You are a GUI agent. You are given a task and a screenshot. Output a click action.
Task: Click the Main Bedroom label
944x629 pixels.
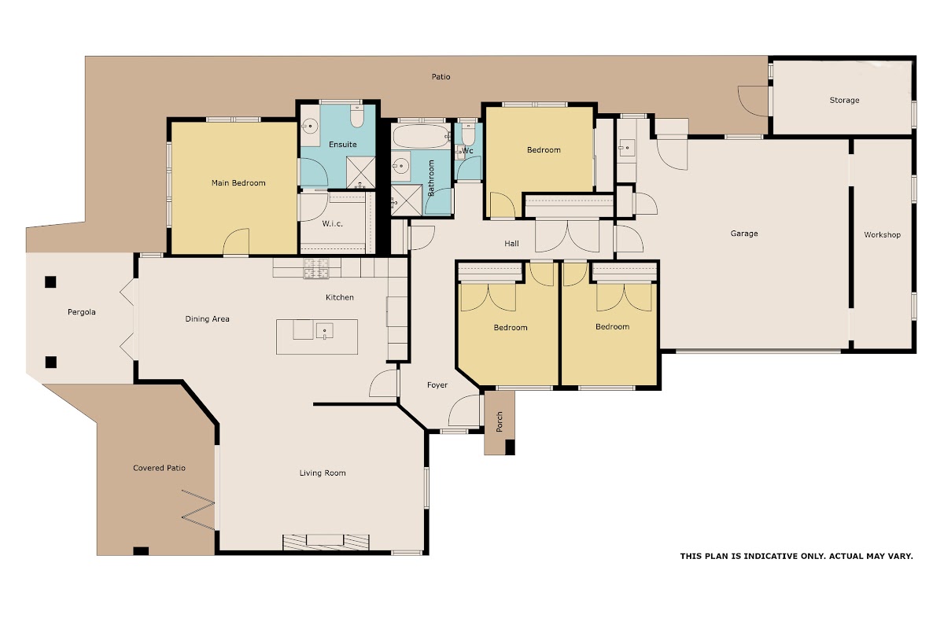(238, 183)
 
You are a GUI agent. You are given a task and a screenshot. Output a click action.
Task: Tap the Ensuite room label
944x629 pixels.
(343, 145)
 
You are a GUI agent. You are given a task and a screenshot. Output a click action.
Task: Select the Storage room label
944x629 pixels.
(844, 101)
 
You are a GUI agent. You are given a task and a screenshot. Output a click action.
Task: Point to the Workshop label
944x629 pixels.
(882, 234)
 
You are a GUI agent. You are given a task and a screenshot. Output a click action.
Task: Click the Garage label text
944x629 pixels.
(744, 234)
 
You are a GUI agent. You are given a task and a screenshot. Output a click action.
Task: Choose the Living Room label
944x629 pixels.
(323, 473)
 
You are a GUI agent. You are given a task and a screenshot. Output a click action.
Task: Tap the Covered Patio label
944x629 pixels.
(159, 468)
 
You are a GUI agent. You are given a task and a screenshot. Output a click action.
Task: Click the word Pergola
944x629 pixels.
(81, 312)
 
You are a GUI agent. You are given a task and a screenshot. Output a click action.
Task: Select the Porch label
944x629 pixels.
(500, 421)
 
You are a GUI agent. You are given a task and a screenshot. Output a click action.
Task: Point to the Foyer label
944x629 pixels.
(437, 385)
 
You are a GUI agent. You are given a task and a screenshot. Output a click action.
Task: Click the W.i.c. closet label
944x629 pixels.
(332, 224)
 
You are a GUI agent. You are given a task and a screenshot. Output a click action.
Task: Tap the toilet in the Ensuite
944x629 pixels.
(357, 116)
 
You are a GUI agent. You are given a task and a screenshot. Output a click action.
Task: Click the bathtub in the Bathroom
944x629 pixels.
(422, 136)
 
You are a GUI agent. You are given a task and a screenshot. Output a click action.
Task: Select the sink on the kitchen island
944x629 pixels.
(324, 331)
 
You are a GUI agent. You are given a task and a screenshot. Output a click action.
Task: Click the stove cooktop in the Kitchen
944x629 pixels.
(316, 268)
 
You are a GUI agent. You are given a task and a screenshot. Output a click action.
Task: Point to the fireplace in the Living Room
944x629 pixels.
(326, 543)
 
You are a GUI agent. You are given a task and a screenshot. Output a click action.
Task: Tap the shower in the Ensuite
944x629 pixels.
(360, 172)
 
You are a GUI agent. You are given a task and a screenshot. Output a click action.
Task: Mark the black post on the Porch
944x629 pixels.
(510, 447)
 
